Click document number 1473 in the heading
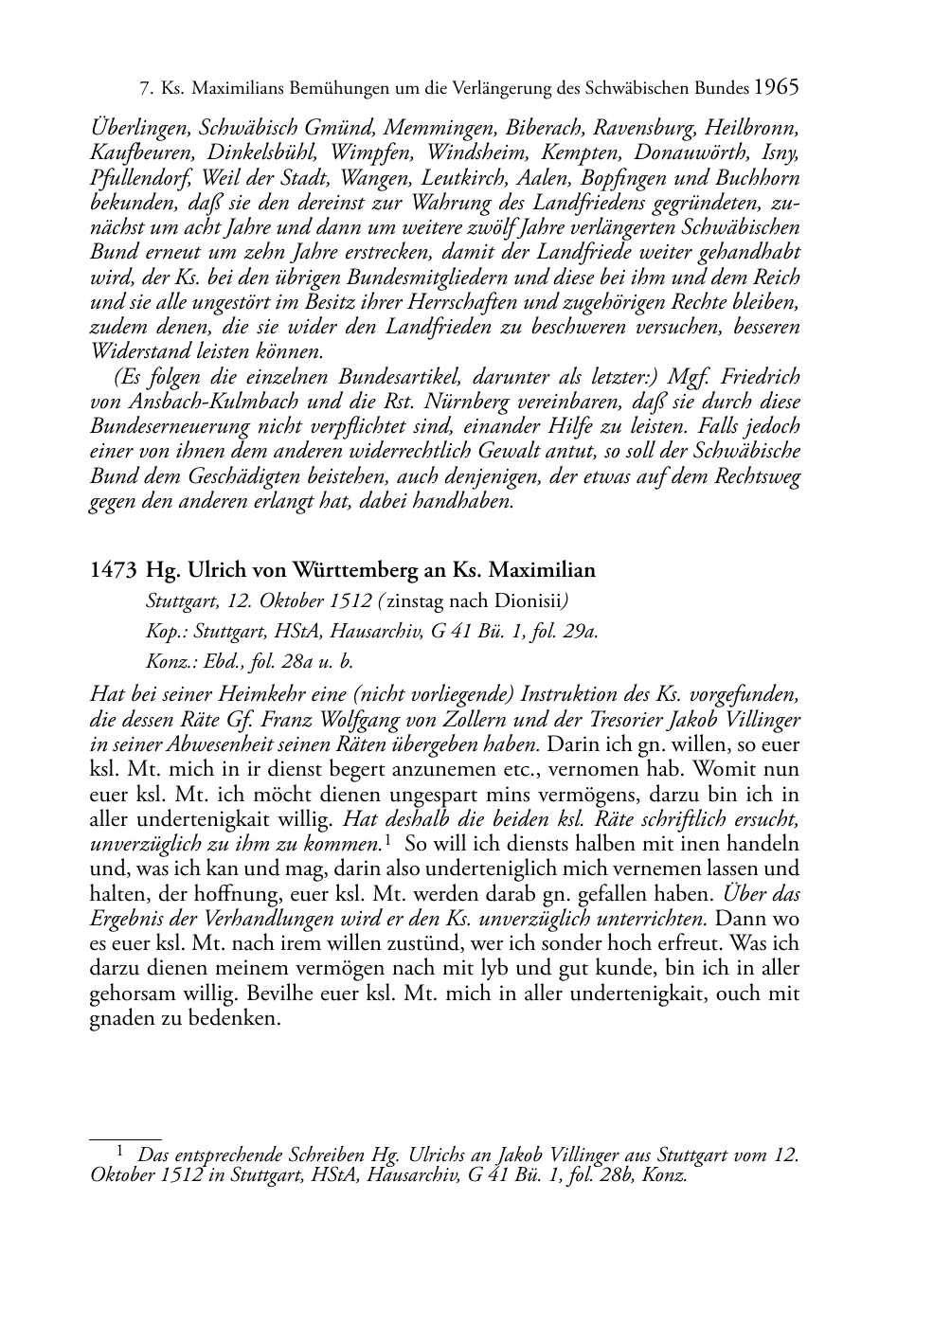tap(114, 570)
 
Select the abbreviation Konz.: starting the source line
tap(169, 662)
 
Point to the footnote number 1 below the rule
tap(119, 1152)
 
